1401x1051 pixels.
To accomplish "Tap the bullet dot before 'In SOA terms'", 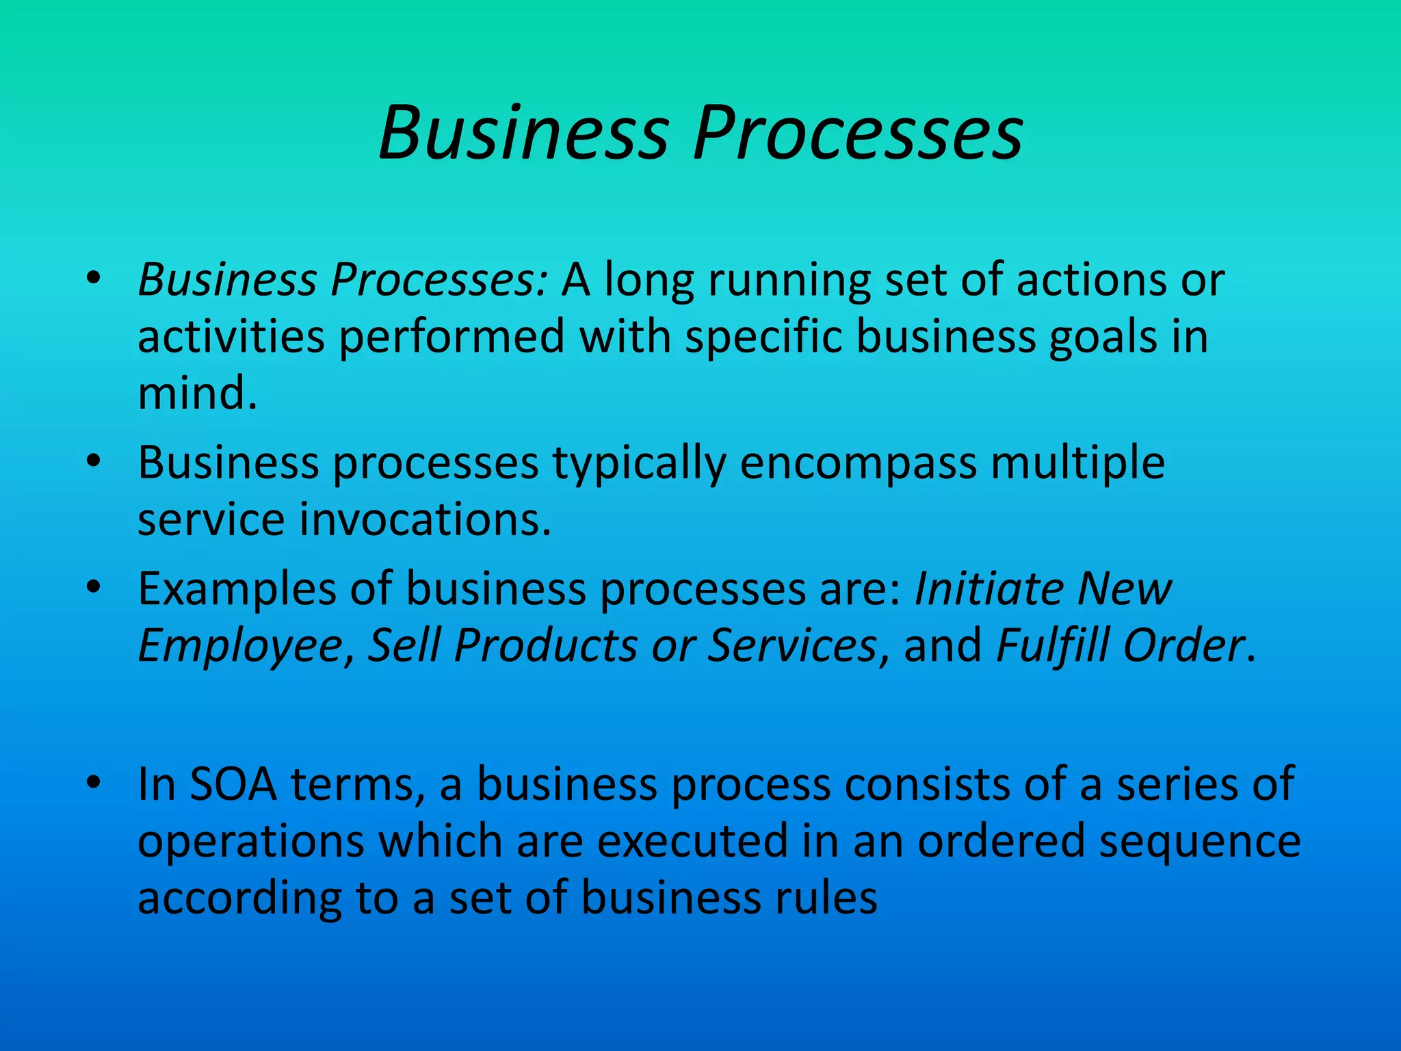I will click(x=94, y=781).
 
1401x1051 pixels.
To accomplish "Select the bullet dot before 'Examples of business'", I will click(x=94, y=586).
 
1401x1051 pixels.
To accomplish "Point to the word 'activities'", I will click(x=231, y=337).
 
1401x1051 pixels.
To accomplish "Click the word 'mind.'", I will click(x=197, y=393).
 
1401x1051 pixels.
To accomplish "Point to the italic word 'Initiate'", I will click(x=988, y=588).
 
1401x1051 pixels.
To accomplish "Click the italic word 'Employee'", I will click(x=240, y=646).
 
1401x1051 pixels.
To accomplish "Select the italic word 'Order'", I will click(x=1183, y=645).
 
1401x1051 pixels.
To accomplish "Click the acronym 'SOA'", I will click(x=233, y=784).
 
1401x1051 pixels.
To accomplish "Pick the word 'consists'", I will click(x=927, y=784).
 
